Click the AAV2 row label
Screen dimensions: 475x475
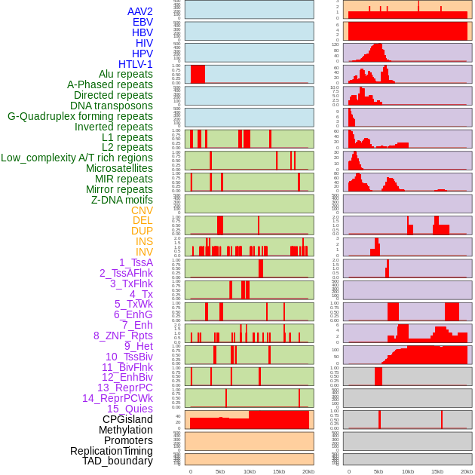click(140, 11)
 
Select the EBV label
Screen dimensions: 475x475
click(142, 22)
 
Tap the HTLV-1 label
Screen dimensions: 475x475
click(136, 64)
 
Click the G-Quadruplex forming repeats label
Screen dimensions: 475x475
click(80, 116)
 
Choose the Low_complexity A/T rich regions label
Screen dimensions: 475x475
click(77, 158)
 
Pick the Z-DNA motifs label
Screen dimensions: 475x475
click(122, 200)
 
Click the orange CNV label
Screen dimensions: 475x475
click(142, 210)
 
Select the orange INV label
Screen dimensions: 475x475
click(144, 252)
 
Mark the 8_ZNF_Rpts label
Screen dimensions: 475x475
click(123, 336)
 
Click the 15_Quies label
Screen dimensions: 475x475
click(130, 409)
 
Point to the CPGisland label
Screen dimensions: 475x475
click(127, 419)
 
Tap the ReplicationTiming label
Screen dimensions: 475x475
click(112, 451)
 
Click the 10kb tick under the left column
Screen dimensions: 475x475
click(249, 472)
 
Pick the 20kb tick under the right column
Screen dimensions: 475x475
click(467, 472)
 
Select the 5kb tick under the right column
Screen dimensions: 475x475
click(378, 472)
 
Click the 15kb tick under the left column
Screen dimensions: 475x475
click(278, 472)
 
